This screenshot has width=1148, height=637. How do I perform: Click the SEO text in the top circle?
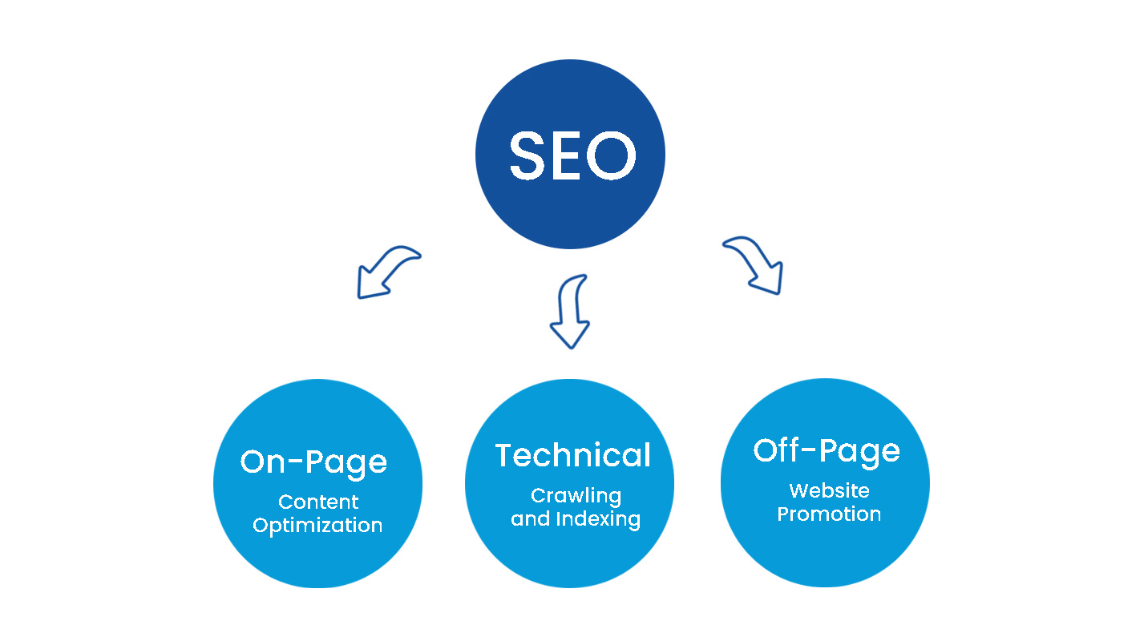tap(572, 155)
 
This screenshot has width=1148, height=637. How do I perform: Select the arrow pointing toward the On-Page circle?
tap(386, 272)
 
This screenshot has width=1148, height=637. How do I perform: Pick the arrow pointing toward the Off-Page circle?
tap(755, 264)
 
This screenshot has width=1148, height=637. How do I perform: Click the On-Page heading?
tap(313, 462)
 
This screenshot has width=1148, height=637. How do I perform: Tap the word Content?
tap(318, 502)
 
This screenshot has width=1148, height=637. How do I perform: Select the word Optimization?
tap(317, 526)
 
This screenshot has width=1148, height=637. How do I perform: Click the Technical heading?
tap(572, 455)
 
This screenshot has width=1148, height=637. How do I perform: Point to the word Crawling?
tap(576, 496)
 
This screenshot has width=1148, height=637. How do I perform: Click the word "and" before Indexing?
tap(529, 519)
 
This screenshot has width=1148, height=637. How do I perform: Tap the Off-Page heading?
tap(827, 450)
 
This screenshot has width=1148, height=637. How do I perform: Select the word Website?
tap(829, 490)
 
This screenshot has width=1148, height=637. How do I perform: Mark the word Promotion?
tap(829, 514)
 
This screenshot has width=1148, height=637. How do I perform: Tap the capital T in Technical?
tap(503, 455)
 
